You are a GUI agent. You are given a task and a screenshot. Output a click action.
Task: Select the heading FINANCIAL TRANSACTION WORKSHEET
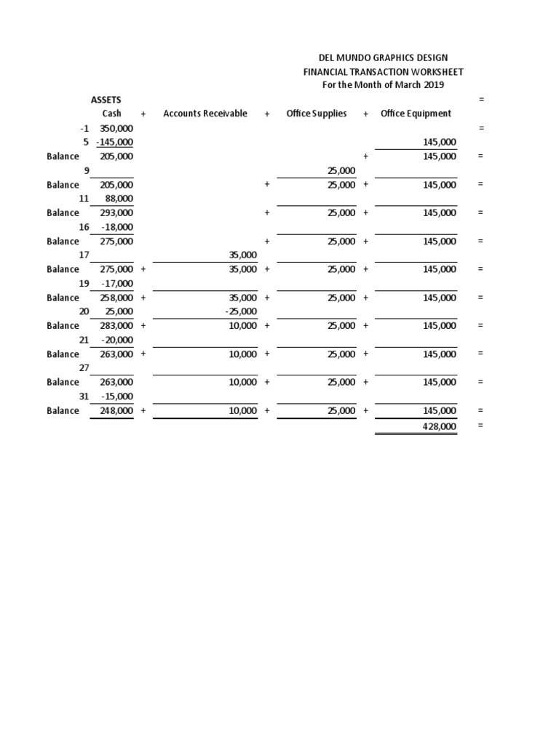pos(383,71)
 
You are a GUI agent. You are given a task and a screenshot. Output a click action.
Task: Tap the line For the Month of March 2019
pos(383,85)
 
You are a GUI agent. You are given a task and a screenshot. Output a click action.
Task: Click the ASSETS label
pos(106,99)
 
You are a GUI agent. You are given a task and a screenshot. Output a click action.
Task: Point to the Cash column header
pos(112,113)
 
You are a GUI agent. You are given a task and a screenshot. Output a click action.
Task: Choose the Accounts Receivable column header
pos(205,113)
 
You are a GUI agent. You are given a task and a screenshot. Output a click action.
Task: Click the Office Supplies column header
pos(317,113)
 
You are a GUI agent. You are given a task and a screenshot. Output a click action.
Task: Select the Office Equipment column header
pos(416,113)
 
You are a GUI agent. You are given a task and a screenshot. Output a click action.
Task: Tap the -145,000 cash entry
pos(114,142)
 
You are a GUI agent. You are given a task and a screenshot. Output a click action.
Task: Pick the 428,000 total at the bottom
pos(440,426)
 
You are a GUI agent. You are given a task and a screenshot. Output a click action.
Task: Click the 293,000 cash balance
pos(116,212)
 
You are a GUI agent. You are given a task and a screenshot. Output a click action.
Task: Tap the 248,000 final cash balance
pos(116,411)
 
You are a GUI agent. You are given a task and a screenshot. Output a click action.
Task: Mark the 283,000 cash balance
pos(116,326)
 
